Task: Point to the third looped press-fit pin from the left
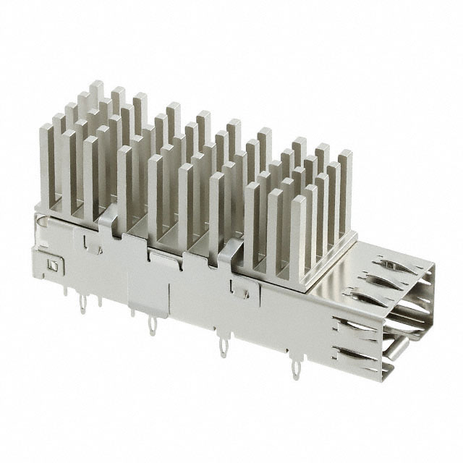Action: (x=223, y=348)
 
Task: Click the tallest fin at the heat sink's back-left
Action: (x=96, y=98)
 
